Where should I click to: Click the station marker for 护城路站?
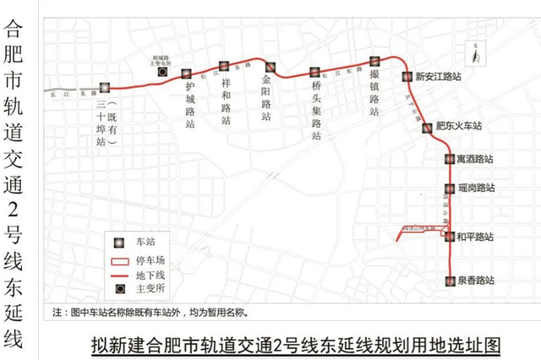[186, 74]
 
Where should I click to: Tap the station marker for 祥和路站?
[224, 66]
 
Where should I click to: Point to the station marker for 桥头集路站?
[314, 73]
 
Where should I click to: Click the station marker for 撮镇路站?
[374, 61]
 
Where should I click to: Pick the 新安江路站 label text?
[439, 76]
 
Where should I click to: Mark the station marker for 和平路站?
[450, 237]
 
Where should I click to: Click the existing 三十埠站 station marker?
[105, 88]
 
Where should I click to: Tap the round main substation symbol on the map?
[162, 73]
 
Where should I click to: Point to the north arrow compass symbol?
[478, 55]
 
